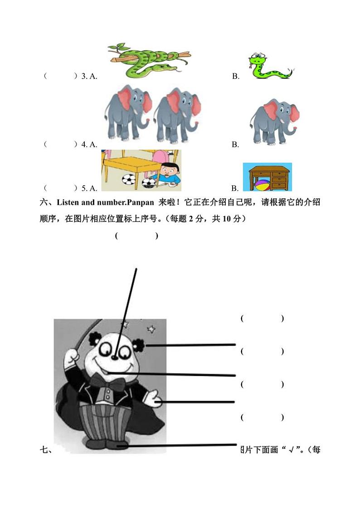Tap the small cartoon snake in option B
[268, 67]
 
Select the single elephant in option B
[273, 120]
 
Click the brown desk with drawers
[267, 175]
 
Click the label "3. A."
[89, 76]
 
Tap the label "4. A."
[89, 144]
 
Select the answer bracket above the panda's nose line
[136, 235]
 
